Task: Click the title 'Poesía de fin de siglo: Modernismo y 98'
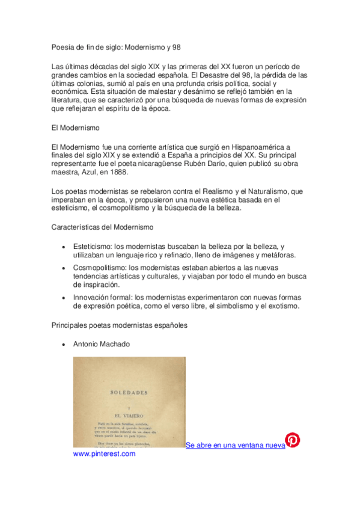(117, 47)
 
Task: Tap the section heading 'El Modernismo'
(76, 128)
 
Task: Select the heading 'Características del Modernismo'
(103, 227)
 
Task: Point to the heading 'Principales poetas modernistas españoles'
(120, 325)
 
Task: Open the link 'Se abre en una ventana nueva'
(235, 446)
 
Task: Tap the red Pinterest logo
(292, 440)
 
